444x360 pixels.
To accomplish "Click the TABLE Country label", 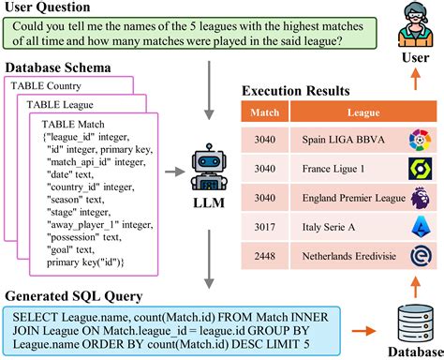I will coord(46,87).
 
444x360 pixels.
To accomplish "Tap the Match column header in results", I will coord(261,113).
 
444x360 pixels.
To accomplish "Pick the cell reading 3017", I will coord(261,226).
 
